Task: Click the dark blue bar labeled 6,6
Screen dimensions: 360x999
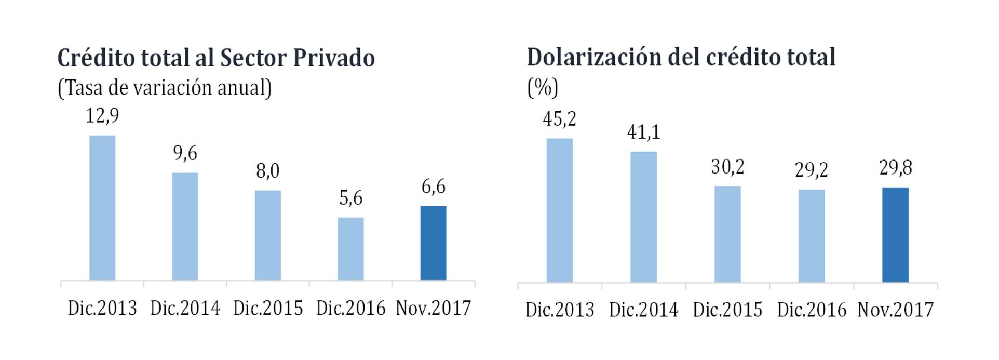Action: (x=433, y=243)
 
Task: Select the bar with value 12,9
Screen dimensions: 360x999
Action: (x=102, y=208)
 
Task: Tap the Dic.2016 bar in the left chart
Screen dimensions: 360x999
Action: (x=350, y=249)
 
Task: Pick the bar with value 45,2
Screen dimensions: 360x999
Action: (x=559, y=210)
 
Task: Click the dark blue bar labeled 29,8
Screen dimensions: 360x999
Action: (x=895, y=235)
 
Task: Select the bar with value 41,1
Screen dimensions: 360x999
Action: (x=643, y=217)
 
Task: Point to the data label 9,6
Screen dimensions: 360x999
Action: (x=185, y=153)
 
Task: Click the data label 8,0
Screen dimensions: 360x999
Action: (x=267, y=171)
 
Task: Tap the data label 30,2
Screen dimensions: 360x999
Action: (x=727, y=167)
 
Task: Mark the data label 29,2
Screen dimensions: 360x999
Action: (x=811, y=170)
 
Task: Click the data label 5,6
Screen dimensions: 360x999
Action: (x=350, y=198)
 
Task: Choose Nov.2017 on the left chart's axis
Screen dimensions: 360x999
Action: (x=433, y=308)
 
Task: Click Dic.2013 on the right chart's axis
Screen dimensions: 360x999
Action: (x=559, y=310)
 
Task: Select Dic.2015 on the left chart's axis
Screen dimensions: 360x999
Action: (x=267, y=308)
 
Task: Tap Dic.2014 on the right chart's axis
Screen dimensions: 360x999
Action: (x=643, y=310)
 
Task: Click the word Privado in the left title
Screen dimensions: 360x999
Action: (x=333, y=58)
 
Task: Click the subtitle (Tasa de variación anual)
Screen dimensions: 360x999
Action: (x=165, y=88)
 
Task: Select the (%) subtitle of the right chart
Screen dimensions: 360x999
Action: (x=543, y=87)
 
